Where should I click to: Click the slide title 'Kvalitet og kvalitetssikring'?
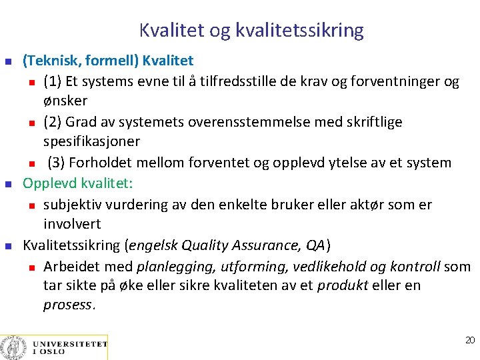(x=251, y=30)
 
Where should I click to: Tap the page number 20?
(x=469, y=340)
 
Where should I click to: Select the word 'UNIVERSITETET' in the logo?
(x=70, y=344)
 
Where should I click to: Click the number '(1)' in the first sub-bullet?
(x=54, y=82)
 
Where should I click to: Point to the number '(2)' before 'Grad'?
(x=54, y=123)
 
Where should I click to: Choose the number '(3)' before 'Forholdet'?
(x=58, y=163)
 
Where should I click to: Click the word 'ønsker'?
(x=65, y=101)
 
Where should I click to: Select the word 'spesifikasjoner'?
(x=91, y=142)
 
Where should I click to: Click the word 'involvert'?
(x=72, y=224)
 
